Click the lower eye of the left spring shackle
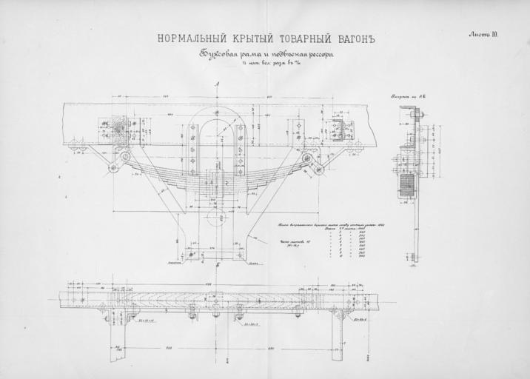click(x=114, y=168)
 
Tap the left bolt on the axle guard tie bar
click(x=192, y=255)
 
